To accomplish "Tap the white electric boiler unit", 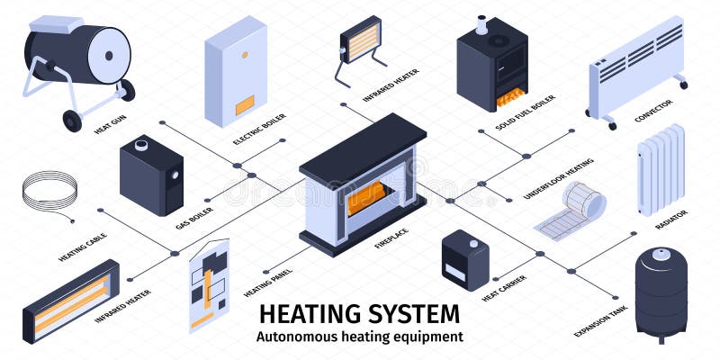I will point(236,72).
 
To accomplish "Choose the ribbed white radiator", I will point(661,171).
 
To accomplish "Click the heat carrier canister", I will point(465,260).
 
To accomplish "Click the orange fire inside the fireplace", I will point(369,195).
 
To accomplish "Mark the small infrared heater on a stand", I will point(360,41).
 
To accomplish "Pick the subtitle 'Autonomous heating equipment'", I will point(360,337).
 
